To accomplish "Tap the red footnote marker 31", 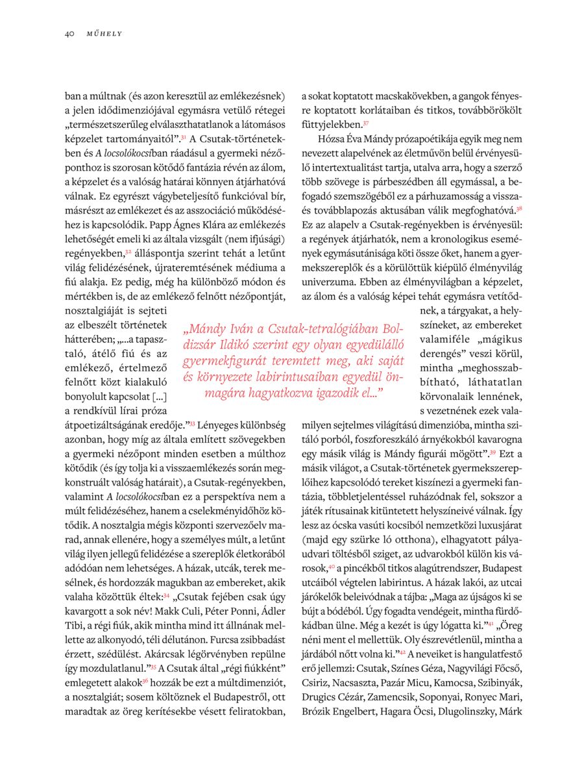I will click(184, 137).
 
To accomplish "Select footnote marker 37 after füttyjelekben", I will click(366, 123).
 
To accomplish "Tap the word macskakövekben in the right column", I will click(375, 97).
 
